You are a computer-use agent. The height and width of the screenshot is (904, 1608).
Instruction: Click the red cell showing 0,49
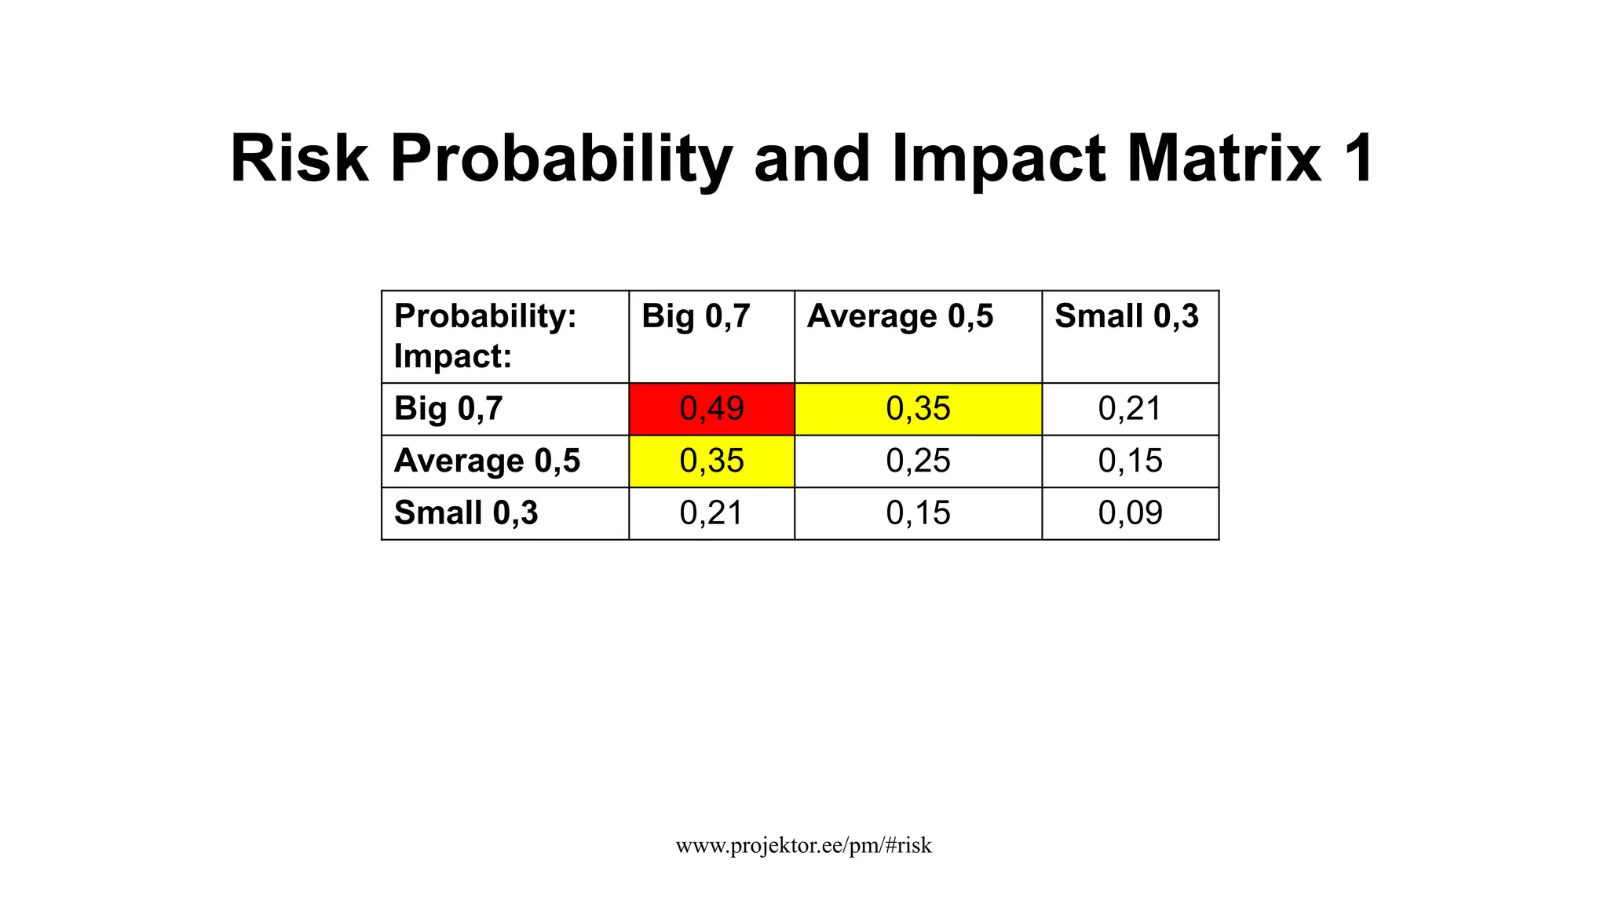click(x=711, y=409)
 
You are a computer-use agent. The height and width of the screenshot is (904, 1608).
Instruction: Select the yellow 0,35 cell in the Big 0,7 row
click(x=918, y=409)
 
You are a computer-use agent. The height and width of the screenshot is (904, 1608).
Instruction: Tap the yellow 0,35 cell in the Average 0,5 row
click(x=711, y=461)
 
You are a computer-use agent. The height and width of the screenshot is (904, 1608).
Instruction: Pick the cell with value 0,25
click(x=918, y=461)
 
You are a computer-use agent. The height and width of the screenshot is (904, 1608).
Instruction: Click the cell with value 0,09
click(x=1130, y=513)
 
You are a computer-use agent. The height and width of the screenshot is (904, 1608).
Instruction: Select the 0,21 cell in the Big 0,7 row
click(x=1130, y=409)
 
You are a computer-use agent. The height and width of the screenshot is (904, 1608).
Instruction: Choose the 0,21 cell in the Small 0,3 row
click(x=711, y=513)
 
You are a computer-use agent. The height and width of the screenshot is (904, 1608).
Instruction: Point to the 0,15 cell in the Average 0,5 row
click(x=1130, y=461)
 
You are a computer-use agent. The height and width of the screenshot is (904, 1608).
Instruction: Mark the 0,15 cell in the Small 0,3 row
click(x=918, y=513)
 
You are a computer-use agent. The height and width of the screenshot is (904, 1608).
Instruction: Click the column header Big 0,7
click(x=696, y=316)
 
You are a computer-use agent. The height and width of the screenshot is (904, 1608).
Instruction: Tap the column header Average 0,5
click(x=900, y=316)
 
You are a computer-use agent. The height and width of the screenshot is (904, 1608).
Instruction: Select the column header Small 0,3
click(x=1127, y=316)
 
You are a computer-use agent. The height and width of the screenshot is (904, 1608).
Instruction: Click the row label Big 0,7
click(x=448, y=409)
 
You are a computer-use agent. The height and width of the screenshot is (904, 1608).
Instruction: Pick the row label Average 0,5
click(x=487, y=461)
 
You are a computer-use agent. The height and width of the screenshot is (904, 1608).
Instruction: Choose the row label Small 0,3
click(x=466, y=513)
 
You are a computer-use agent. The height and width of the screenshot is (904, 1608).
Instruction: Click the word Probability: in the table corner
click(x=485, y=316)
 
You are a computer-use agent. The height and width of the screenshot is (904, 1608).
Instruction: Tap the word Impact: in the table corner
click(x=453, y=356)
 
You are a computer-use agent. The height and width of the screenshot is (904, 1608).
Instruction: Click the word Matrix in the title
click(x=1224, y=159)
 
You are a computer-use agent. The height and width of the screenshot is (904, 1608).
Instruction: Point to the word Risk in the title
click(x=299, y=159)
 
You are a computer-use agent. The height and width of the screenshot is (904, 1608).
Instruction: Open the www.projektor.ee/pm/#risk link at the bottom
click(x=803, y=845)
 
